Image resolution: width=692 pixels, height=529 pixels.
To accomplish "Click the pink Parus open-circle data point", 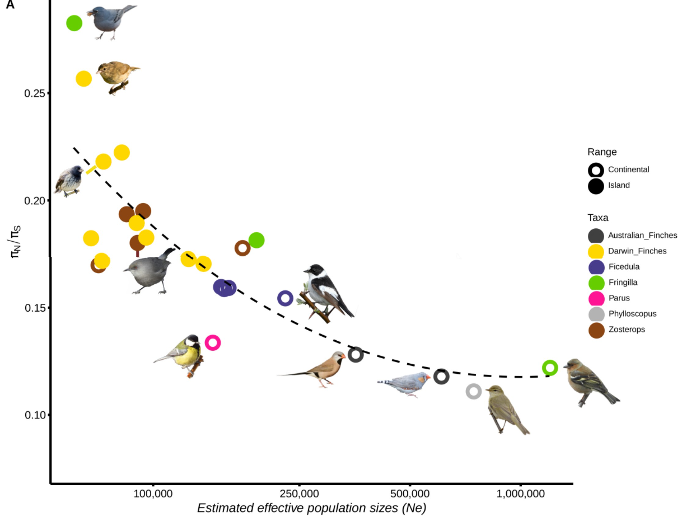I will click(x=213, y=342).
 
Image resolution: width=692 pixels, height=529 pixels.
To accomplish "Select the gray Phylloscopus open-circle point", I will click(x=473, y=391).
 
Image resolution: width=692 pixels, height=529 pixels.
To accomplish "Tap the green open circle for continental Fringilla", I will click(x=550, y=368).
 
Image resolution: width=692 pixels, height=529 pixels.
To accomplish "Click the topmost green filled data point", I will click(x=74, y=23).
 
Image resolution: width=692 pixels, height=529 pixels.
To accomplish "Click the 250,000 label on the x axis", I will click(x=299, y=494).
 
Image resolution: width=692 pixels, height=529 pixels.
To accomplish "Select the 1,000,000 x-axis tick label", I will click(x=520, y=494).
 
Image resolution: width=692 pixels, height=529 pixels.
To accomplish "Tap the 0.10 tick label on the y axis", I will click(x=35, y=415).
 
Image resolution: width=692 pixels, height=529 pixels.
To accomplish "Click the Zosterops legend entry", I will click(x=626, y=329).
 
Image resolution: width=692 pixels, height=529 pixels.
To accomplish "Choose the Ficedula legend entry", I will click(x=624, y=267).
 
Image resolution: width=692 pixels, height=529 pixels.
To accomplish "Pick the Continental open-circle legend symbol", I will click(x=596, y=170).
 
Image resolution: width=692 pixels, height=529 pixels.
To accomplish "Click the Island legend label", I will click(x=619, y=185).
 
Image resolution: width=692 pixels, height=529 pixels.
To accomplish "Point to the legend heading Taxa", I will click(x=598, y=218).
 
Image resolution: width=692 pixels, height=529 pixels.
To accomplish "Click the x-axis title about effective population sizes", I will click(x=311, y=508).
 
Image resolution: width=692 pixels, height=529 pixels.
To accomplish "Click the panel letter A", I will click(x=10, y=5).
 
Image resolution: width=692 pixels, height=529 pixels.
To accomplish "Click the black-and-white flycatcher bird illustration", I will click(x=326, y=291).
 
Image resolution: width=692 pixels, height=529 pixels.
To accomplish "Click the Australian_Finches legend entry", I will click(x=642, y=235).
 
